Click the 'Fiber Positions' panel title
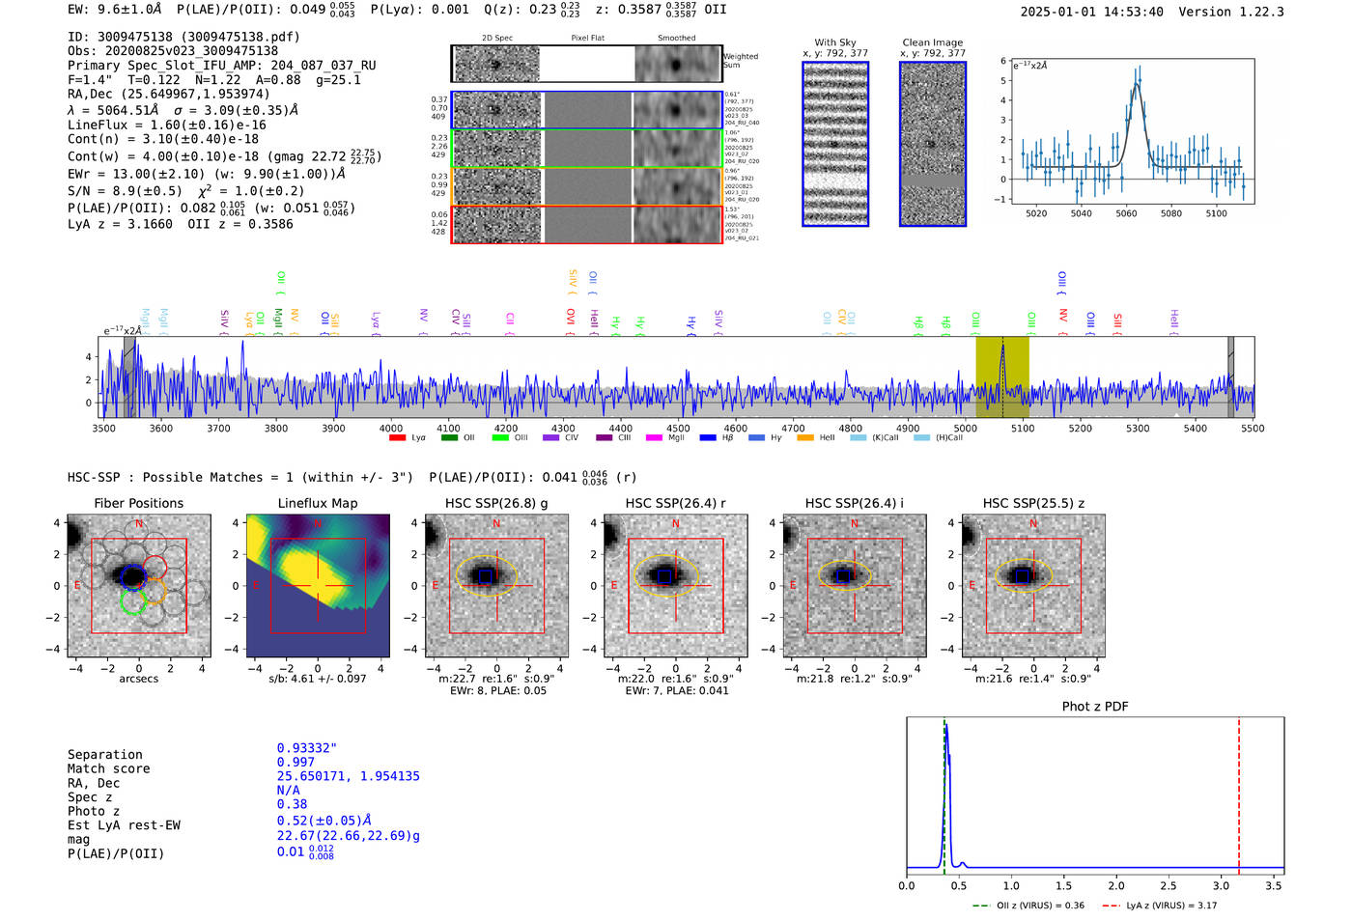click(x=138, y=503)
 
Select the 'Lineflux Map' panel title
click(x=318, y=503)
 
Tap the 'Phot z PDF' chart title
click(x=1095, y=707)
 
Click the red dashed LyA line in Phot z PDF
click(x=1239, y=792)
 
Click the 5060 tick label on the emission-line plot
click(x=1126, y=213)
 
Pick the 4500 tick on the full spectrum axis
click(x=678, y=429)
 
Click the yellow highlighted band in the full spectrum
click(x=1001, y=376)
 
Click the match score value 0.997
click(x=296, y=763)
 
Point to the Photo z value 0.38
click(x=292, y=804)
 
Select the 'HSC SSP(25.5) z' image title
click(x=1033, y=503)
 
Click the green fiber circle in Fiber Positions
click(x=133, y=601)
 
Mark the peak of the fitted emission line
click(x=1137, y=84)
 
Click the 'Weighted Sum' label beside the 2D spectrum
click(x=740, y=61)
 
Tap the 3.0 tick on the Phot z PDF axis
click(x=1221, y=885)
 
